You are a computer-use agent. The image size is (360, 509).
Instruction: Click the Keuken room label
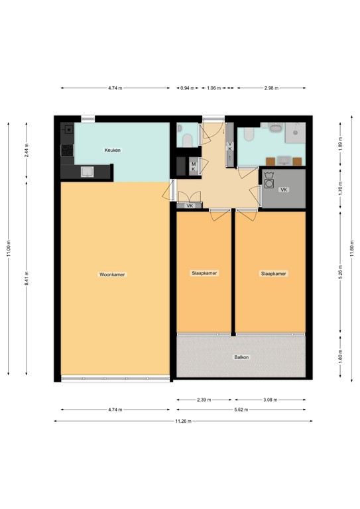pos(113,150)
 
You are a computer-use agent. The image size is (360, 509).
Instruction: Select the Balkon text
pos(241,357)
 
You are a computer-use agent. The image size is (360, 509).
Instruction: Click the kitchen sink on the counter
pos(87,172)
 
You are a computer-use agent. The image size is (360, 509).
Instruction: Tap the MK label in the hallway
pos(194,166)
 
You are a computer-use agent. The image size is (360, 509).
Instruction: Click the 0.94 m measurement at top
pos(188,88)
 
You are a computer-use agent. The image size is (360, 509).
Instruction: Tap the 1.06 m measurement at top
pos(214,88)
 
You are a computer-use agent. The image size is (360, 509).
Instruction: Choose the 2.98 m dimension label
pos(270,88)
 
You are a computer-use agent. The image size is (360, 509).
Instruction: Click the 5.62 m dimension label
pos(241,410)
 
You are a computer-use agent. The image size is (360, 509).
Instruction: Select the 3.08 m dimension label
pos(269,400)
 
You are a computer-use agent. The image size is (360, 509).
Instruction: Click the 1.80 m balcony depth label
pos(341,358)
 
